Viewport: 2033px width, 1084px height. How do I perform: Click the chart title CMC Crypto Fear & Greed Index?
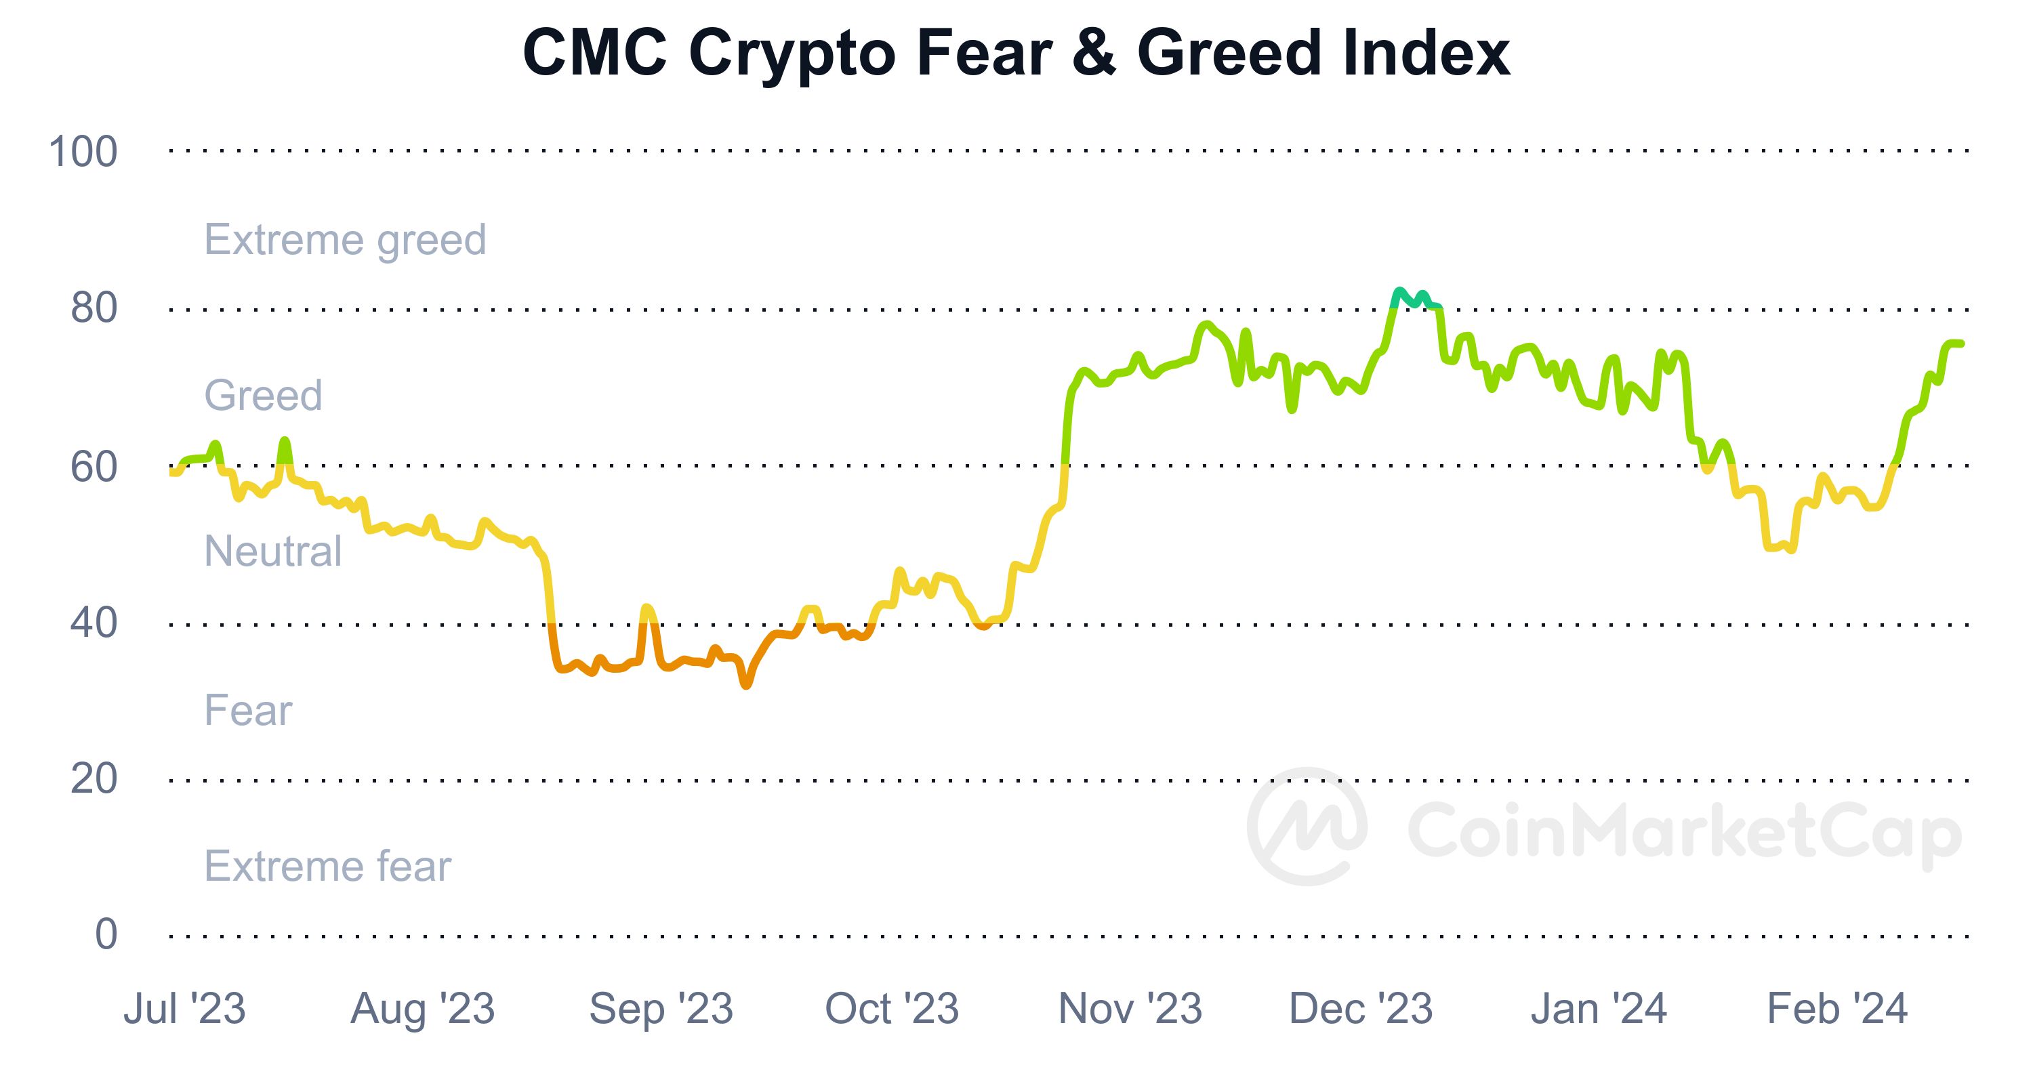pos(1016,54)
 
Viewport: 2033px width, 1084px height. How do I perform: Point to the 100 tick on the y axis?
pos(83,152)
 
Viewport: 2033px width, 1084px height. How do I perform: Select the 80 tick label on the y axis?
pos(94,308)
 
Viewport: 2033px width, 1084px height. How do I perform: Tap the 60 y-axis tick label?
pos(94,467)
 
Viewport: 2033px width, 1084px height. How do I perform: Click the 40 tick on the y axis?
pos(94,623)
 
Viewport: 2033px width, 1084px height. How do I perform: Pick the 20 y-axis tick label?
pos(94,780)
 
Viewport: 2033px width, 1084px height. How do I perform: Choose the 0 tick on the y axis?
pos(106,935)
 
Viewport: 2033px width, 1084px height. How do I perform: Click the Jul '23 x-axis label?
pos(185,1009)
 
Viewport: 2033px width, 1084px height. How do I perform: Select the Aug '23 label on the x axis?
pos(422,1009)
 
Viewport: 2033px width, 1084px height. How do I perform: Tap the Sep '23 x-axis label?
pos(661,1009)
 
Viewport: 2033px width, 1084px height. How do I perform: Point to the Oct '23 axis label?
pos(892,1009)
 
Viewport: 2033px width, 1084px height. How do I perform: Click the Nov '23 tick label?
pos(1130,1009)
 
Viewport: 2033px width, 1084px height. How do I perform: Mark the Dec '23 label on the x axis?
pos(1361,1009)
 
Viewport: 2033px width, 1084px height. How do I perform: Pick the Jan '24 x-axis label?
pos(1598,1009)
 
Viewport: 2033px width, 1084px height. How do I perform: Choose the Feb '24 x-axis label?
pos(1836,1009)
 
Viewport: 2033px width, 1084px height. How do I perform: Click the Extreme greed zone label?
pos(345,240)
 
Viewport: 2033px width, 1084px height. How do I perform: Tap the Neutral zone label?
pos(272,551)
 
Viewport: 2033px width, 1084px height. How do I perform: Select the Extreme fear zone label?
pos(327,867)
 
